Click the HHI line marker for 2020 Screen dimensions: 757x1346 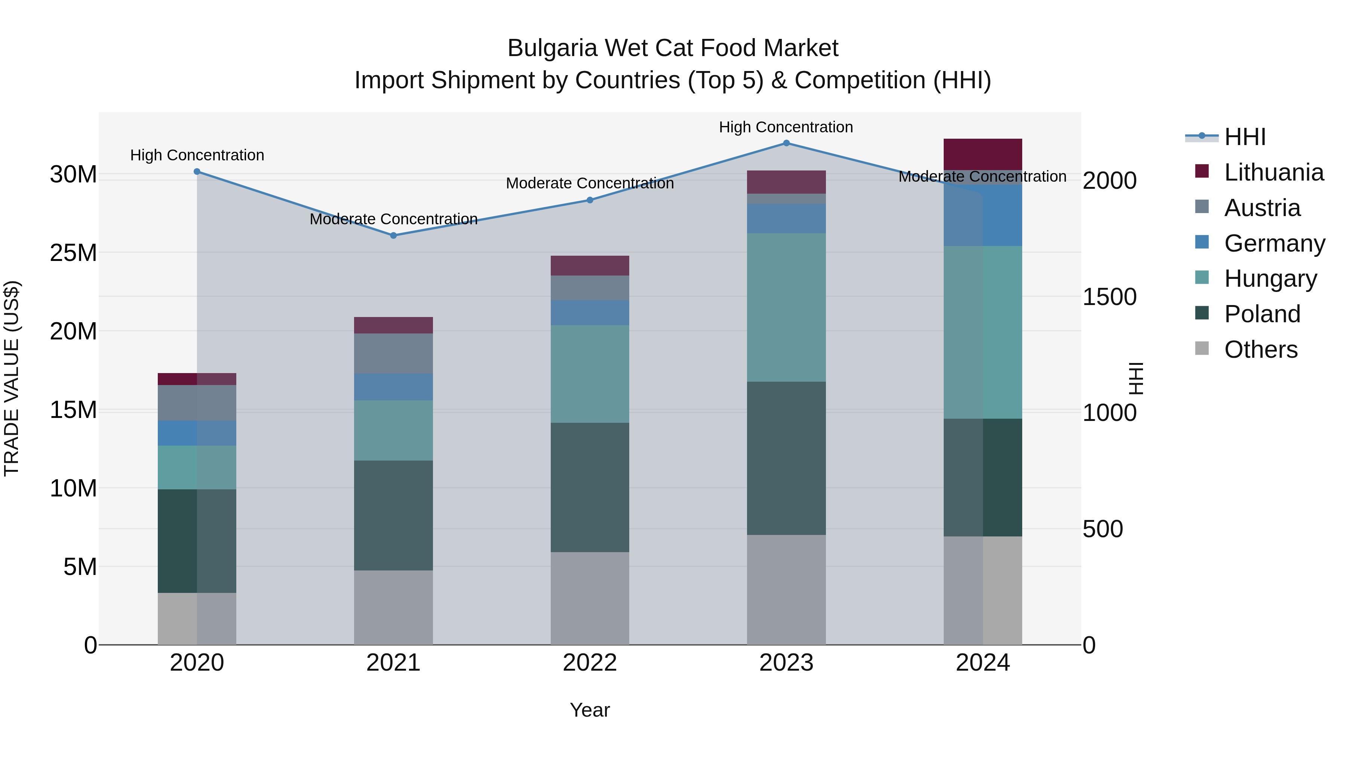click(197, 171)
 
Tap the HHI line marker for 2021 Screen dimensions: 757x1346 click(393, 236)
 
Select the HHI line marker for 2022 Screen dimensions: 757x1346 click(590, 200)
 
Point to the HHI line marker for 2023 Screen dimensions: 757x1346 click(786, 143)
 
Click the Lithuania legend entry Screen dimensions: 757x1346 click(1273, 172)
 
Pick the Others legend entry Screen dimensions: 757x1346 click(1260, 350)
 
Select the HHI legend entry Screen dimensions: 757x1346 click(1245, 137)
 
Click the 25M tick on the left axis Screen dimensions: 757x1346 click(73, 253)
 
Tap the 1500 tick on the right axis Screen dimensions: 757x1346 click(1109, 297)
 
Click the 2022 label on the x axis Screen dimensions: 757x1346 click(590, 663)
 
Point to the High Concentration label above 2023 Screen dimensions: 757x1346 click(786, 127)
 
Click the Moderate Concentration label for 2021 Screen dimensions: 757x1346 click(393, 219)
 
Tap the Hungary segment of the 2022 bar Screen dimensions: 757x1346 click(590, 374)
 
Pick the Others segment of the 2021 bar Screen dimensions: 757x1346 click(393, 607)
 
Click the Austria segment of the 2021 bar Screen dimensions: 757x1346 click(393, 353)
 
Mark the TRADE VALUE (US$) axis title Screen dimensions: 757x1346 click(12, 378)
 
